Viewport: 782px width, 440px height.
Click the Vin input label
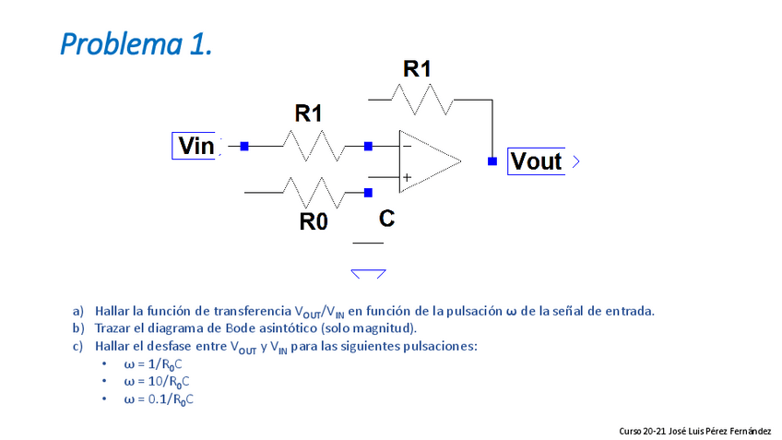tap(195, 146)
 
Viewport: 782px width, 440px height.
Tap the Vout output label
tap(536, 161)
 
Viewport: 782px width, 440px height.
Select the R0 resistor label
tap(314, 221)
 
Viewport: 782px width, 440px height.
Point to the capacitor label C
tap(386, 219)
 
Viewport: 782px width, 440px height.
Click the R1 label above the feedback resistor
tap(417, 68)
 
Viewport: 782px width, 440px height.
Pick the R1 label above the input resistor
tap(308, 113)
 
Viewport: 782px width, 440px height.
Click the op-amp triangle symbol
tap(429, 161)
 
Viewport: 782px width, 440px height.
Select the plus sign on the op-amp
tap(406, 176)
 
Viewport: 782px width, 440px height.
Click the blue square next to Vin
tap(244, 146)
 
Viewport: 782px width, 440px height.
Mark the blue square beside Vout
tap(492, 161)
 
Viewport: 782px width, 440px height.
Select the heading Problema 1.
tap(136, 42)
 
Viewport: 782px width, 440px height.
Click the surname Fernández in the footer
tap(751, 431)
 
